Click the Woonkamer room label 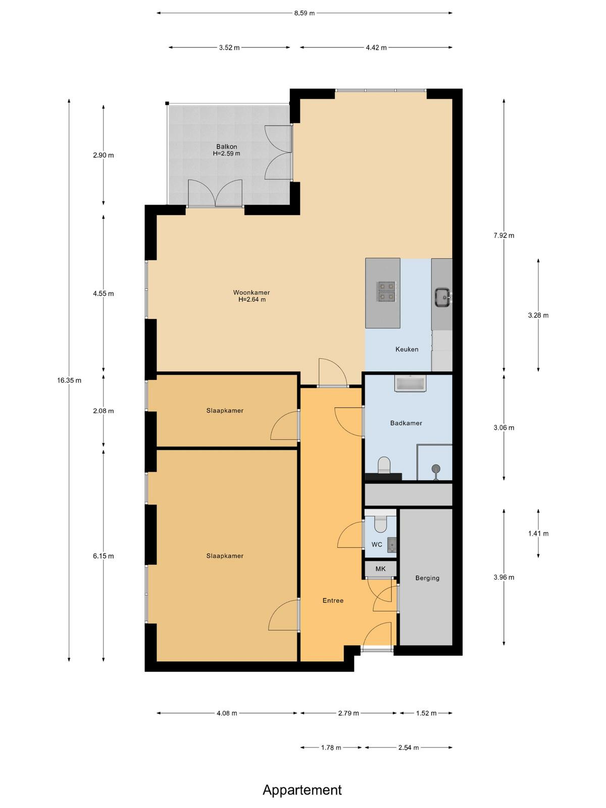pyautogui.click(x=251, y=292)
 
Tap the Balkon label pyautogui.click(x=226, y=147)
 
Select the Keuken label pyautogui.click(x=407, y=349)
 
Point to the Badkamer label pyautogui.click(x=406, y=423)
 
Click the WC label pyautogui.click(x=377, y=544)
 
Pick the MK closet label pyautogui.click(x=380, y=569)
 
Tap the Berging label pyautogui.click(x=427, y=578)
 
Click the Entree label pyautogui.click(x=333, y=600)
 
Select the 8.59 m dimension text pyautogui.click(x=305, y=13)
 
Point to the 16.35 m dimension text pyautogui.click(x=69, y=381)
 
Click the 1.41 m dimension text pyautogui.click(x=538, y=533)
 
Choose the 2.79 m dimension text pyautogui.click(x=348, y=713)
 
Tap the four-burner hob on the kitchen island pyautogui.click(x=386, y=291)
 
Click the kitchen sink pyautogui.click(x=443, y=297)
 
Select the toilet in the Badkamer pyautogui.click(x=384, y=465)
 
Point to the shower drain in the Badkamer pyautogui.click(x=436, y=468)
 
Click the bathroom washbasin pyautogui.click(x=410, y=383)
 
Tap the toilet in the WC pyautogui.click(x=380, y=524)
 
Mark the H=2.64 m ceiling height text pyautogui.click(x=252, y=299)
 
